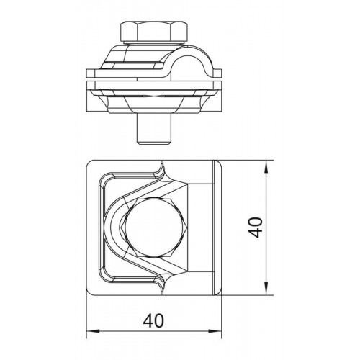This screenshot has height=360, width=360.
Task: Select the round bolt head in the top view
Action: click(x=153, y=228)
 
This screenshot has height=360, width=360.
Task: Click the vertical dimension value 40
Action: click(x=255, y=228)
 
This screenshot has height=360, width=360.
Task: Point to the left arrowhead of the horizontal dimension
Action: click(x=93, y=331)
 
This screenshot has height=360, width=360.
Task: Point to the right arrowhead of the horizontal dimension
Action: click(x=215, y=331)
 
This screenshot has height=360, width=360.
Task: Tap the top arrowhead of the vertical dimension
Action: click(x=266, y=166)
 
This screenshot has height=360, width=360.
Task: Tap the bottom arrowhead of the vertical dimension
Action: click(x=266, y=289)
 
